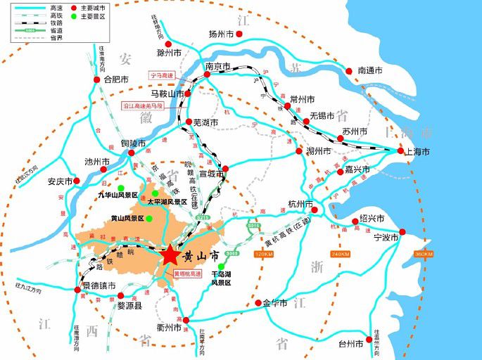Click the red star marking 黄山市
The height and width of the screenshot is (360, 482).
point(172,256)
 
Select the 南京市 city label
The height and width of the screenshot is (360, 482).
point(218,67)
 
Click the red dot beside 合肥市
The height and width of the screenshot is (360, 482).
point(97,79)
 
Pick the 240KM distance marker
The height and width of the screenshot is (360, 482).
point(341,254)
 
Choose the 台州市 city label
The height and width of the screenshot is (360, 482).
point(350,344)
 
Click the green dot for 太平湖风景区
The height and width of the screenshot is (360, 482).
point(155,193)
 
